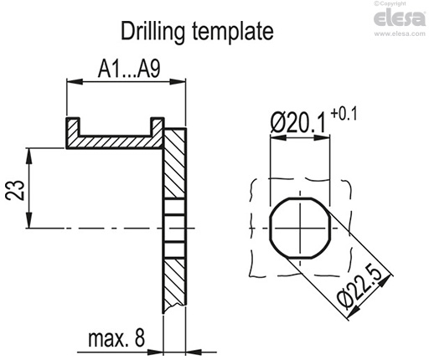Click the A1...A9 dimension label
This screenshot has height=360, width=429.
click(126, 69)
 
